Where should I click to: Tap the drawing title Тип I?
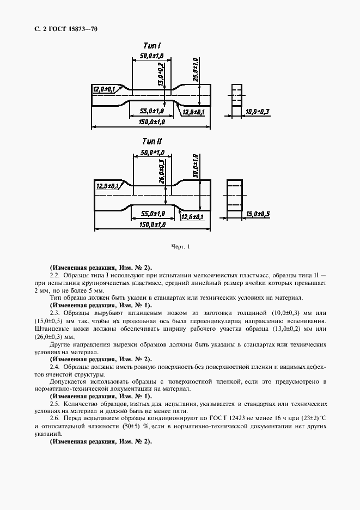(151, 46)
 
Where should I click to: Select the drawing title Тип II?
(152, 141)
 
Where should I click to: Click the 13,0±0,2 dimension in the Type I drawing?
(161, 75)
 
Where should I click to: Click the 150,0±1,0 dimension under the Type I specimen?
(151, 122)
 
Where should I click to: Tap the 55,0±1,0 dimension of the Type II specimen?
(152, 213)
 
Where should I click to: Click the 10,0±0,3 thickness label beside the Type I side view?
(258, 112)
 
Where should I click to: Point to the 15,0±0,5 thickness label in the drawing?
(258, 214)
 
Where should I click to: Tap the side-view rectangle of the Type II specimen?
(236, 195)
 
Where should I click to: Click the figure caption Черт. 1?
(180, 247)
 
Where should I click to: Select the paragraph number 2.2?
(54, 276)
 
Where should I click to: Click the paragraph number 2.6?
(54, 417)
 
